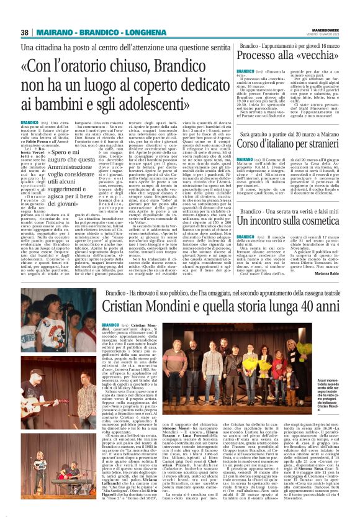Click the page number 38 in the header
click(x=25, y=32)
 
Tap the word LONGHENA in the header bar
click(x=129, y=32)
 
